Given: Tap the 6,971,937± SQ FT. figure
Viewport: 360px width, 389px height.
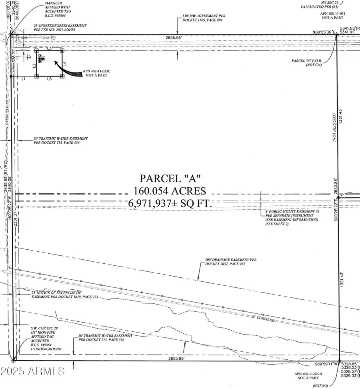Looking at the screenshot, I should [169, 203].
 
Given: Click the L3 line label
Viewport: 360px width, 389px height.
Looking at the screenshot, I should [49, 48].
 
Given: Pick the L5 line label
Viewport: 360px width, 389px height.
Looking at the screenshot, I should [49, 79].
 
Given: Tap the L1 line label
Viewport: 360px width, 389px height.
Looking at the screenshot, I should [24, 79].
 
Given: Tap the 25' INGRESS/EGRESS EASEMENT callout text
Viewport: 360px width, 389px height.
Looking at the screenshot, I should [60, 26].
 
